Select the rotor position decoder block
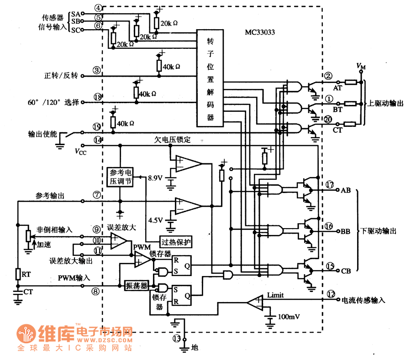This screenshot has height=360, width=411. point(210,78)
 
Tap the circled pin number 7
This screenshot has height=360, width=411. point(97,194)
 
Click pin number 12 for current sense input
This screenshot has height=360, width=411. point(331,294)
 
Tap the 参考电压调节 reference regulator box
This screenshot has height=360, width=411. point(120,177)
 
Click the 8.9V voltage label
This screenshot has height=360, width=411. point(156,178)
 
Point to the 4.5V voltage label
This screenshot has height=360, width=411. point(156,220)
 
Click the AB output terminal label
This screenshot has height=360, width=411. point(346,190)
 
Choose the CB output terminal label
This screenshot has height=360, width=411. point(346,271)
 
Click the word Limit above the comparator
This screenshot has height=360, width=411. point(275,295)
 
